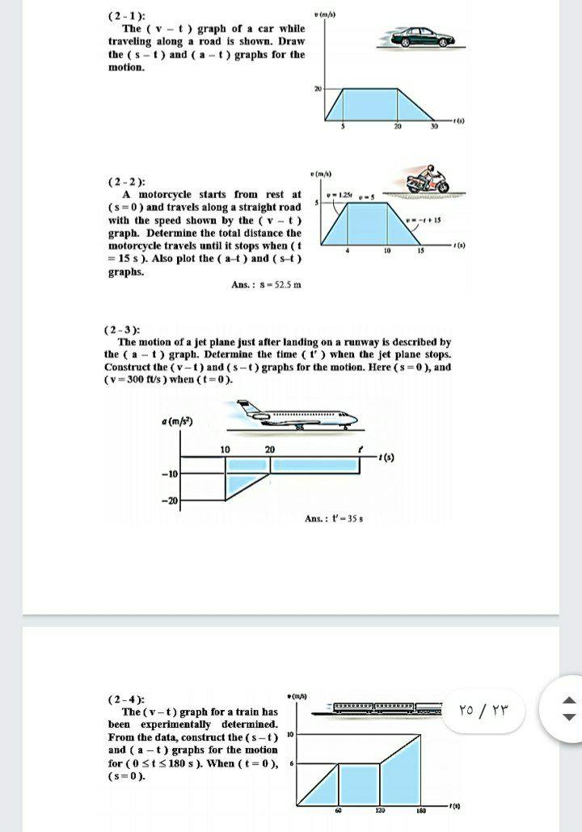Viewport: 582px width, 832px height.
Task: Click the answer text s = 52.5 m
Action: point(266,284)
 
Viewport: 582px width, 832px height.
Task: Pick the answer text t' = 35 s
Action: point(334,518)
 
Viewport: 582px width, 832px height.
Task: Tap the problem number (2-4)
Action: point(123,699)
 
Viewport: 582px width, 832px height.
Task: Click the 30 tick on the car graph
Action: point(433,127)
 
